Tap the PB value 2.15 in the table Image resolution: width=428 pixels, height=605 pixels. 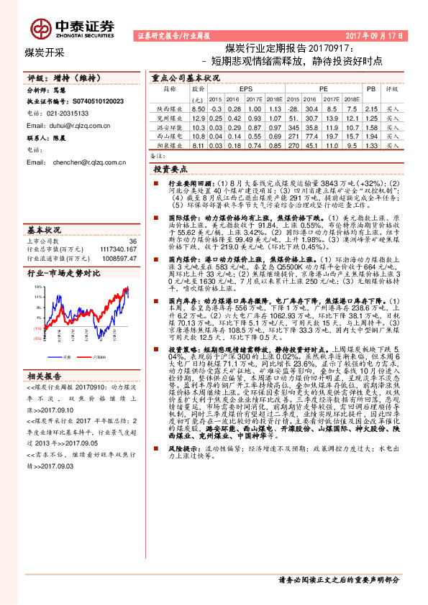click(x=370, y=108)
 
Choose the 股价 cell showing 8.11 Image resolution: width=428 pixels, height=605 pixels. click(x=199, y=145)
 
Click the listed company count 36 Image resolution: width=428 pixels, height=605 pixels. click(x=132, y=241)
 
